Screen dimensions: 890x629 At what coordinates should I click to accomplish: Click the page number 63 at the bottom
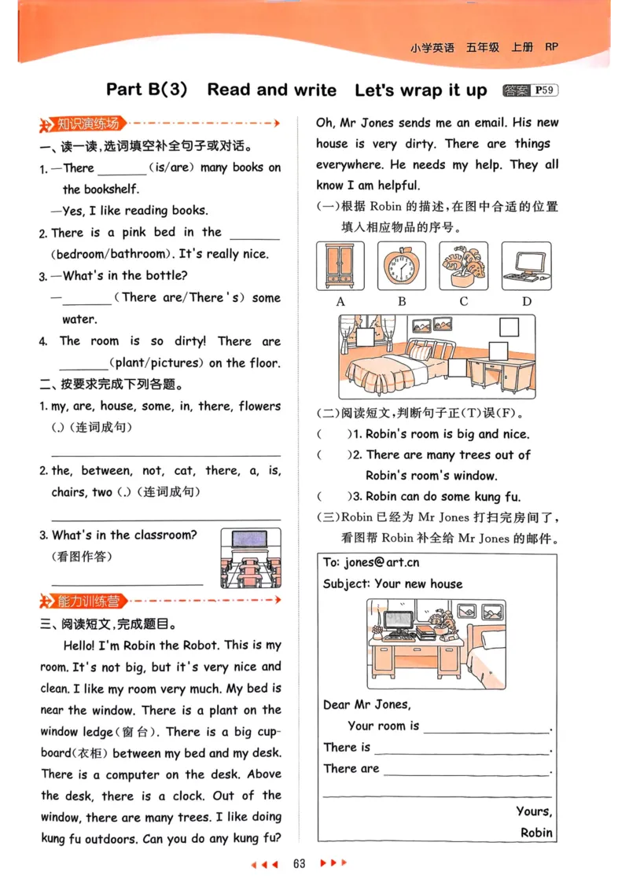[299, 863]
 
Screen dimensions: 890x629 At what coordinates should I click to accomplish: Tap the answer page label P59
[544, 90]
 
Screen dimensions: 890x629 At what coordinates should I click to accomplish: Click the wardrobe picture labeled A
[340, 267]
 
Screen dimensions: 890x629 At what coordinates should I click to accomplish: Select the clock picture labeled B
[401, 267]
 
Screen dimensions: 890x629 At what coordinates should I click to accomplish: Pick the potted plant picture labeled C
[463, 267]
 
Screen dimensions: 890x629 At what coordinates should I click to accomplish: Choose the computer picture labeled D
[526, 267]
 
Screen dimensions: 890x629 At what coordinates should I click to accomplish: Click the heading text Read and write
[271, 90]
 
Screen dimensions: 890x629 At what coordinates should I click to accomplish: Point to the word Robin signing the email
[536, 832]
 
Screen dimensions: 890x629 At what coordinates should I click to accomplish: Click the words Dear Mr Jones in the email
[366, 704]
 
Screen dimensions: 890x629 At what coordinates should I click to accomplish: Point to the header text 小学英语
[432, 47]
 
